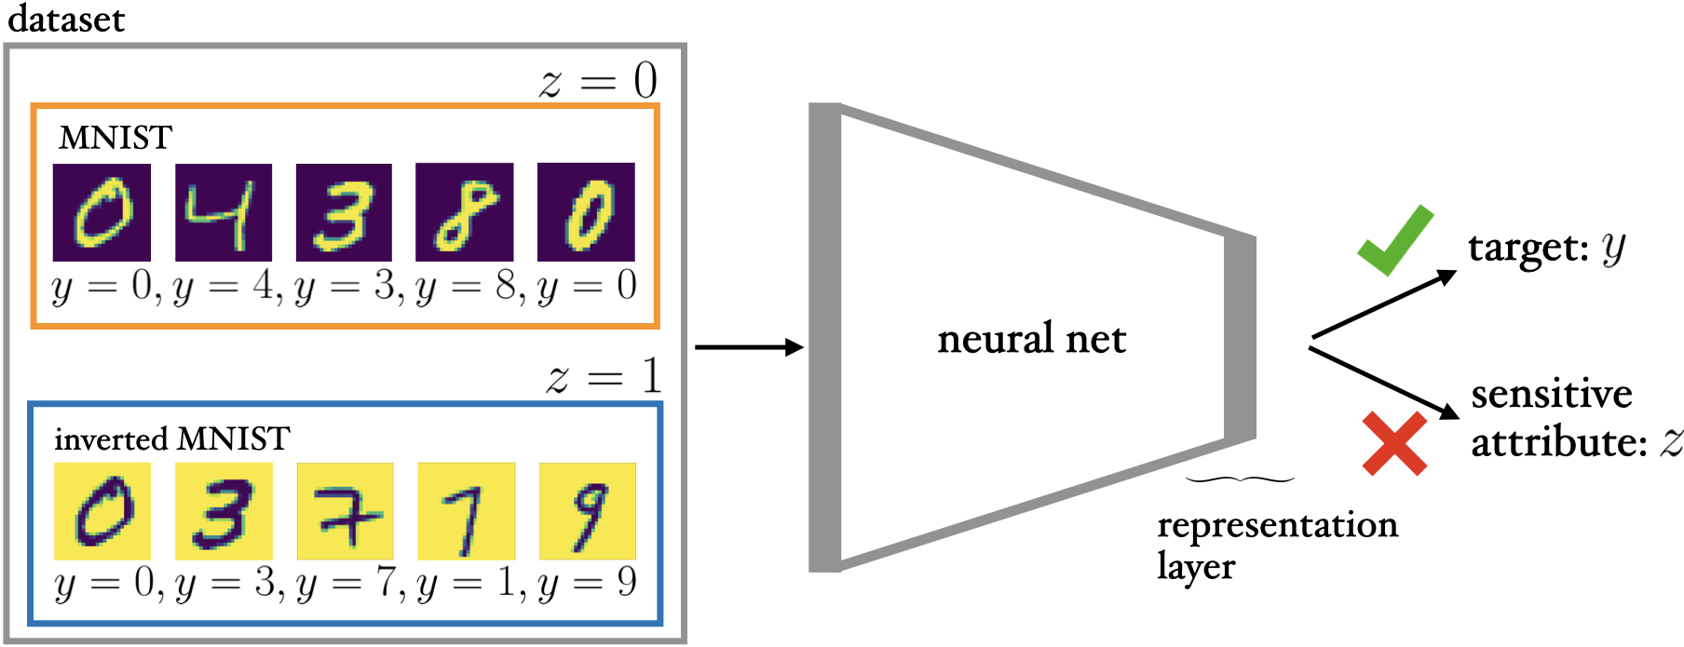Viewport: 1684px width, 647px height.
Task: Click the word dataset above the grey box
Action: click(x=65, y=19)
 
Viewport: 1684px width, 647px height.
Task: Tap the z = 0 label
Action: click(x=598, y=82)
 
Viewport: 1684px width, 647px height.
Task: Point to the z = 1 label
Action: click(x=604, y=378)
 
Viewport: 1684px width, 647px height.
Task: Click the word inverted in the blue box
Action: click(x=110, y=438)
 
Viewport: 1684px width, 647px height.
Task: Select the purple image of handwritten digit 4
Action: click(x=224, y=212)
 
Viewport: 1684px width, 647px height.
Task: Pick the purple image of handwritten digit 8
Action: click(x=464, y=212)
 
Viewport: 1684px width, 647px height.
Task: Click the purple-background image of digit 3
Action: click(x=344, y=212)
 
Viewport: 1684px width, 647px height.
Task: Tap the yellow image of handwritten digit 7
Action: click(x=345, y=511)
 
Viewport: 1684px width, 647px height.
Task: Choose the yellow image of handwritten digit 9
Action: click(x=588, y=511)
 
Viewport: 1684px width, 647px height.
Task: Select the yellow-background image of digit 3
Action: click(x=224, y=511)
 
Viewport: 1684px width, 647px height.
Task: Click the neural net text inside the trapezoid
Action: click(x=1031, y=339)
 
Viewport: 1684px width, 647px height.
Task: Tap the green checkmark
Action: click(x=1394, y=240)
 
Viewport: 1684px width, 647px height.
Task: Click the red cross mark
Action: click(x=1394, y=443)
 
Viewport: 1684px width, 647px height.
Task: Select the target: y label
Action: click(x=1546, y=248)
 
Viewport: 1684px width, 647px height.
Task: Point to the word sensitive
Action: click(x=1552, y=395)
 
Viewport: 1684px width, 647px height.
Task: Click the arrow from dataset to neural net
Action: click(x=749, y=347)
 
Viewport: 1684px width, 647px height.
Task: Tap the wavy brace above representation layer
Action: click(x=1240, y=480)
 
